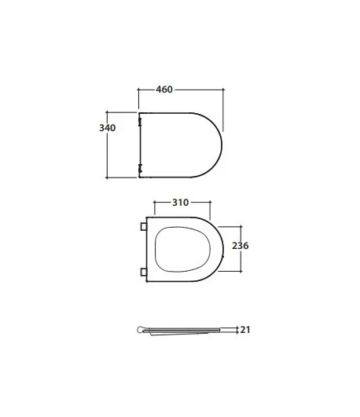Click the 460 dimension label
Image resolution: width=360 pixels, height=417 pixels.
pos(164,90)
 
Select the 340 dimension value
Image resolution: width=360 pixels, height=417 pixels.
pos(108,128)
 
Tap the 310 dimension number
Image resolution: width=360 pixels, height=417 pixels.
pos(181,203)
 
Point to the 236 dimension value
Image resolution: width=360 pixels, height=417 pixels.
pos(241,246)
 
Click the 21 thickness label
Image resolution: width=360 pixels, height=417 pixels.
pos(245,330)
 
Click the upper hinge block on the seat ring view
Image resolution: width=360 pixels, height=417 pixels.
pos(144,227)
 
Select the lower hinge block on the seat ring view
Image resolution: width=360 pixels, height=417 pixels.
pos(144,272)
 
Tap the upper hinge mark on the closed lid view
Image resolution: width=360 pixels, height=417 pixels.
pos(140,122)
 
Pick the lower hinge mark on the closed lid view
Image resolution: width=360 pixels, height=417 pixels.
pos(140,168)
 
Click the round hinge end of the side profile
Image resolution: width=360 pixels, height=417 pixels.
pos(141,330)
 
